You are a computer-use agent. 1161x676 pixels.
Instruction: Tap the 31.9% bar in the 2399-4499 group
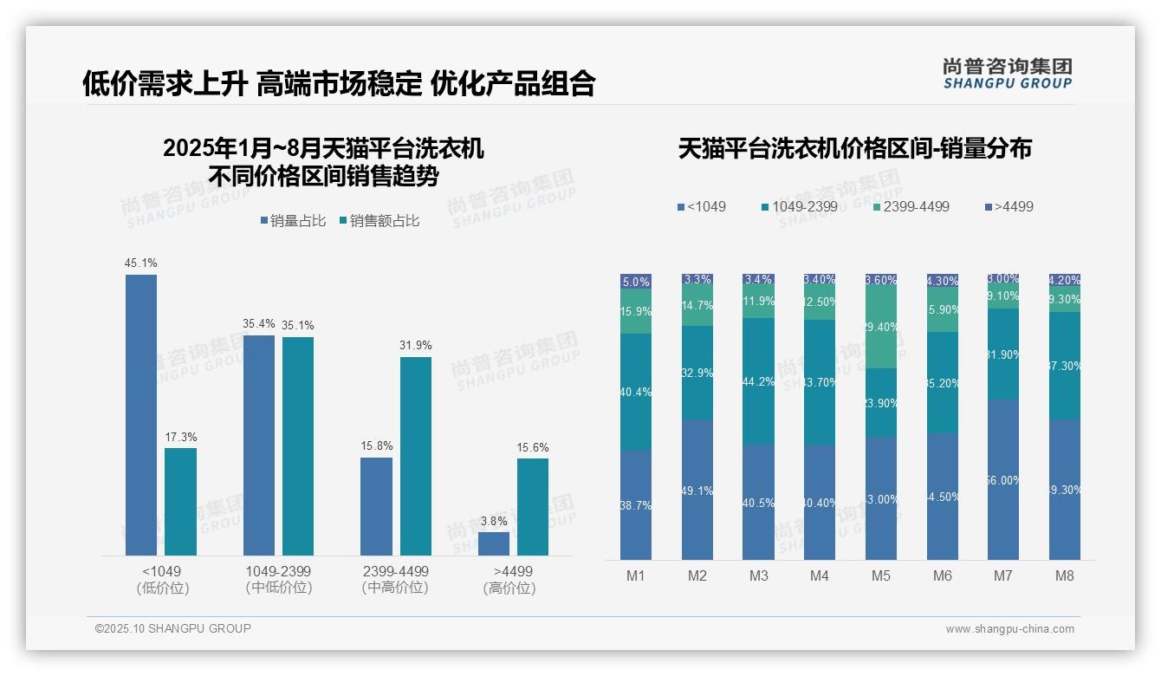coord(415,456)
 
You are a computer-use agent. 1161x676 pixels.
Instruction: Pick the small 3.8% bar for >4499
coord(494,543)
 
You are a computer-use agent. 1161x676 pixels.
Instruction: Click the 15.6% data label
coord(533,447)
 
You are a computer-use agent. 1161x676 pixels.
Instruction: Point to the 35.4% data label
coord(258,324)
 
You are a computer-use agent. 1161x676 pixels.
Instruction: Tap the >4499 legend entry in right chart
coord(1009,207)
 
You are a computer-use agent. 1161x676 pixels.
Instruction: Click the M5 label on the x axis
coord(881,575)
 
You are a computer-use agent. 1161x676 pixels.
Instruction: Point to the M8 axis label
coord(1065,575)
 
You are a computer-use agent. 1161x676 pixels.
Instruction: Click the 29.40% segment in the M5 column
coord(881,328)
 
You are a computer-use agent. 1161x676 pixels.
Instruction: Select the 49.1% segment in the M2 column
coord(697,490)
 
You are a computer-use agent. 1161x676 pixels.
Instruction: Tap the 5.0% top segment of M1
coord(636,282)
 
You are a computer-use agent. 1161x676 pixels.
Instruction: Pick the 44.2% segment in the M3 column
coord(758,381)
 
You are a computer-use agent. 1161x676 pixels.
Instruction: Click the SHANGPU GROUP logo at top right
coord(1007,74)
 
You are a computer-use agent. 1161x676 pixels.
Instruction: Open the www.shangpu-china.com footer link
coord(1009,629)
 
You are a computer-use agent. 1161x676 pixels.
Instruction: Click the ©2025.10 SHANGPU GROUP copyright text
coord(173,628)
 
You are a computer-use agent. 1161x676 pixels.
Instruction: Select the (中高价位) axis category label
coord(395,588)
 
